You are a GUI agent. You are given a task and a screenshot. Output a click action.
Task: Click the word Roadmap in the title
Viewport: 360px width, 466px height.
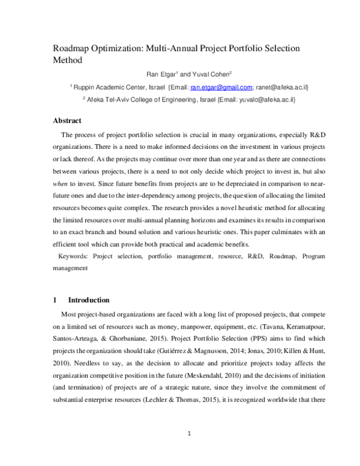(73, 47)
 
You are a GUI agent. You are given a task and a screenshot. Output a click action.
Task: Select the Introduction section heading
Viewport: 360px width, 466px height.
(89, 300)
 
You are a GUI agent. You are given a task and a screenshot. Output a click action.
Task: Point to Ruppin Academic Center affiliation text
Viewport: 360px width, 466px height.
(107, 87)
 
